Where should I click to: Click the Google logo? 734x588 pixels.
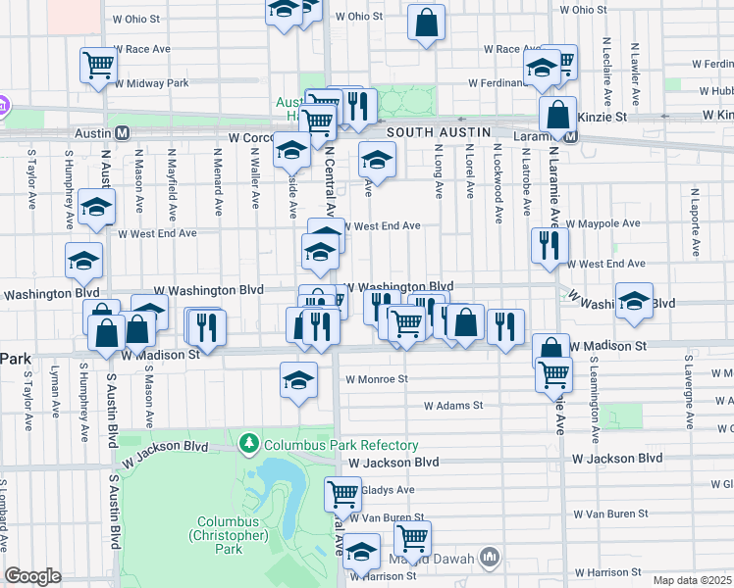coord(32,576)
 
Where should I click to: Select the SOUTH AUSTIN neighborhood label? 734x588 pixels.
coord(433,131)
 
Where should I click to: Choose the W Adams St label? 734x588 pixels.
coord(453,405)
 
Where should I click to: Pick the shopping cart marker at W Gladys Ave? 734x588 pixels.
coord(342,492)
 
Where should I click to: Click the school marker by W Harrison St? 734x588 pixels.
coord(361,552)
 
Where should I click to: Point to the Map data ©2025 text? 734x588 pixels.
coord(692,580)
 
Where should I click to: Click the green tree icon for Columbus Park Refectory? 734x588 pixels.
coord(249,444)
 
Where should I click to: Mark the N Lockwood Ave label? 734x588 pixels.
coord(498,173)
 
